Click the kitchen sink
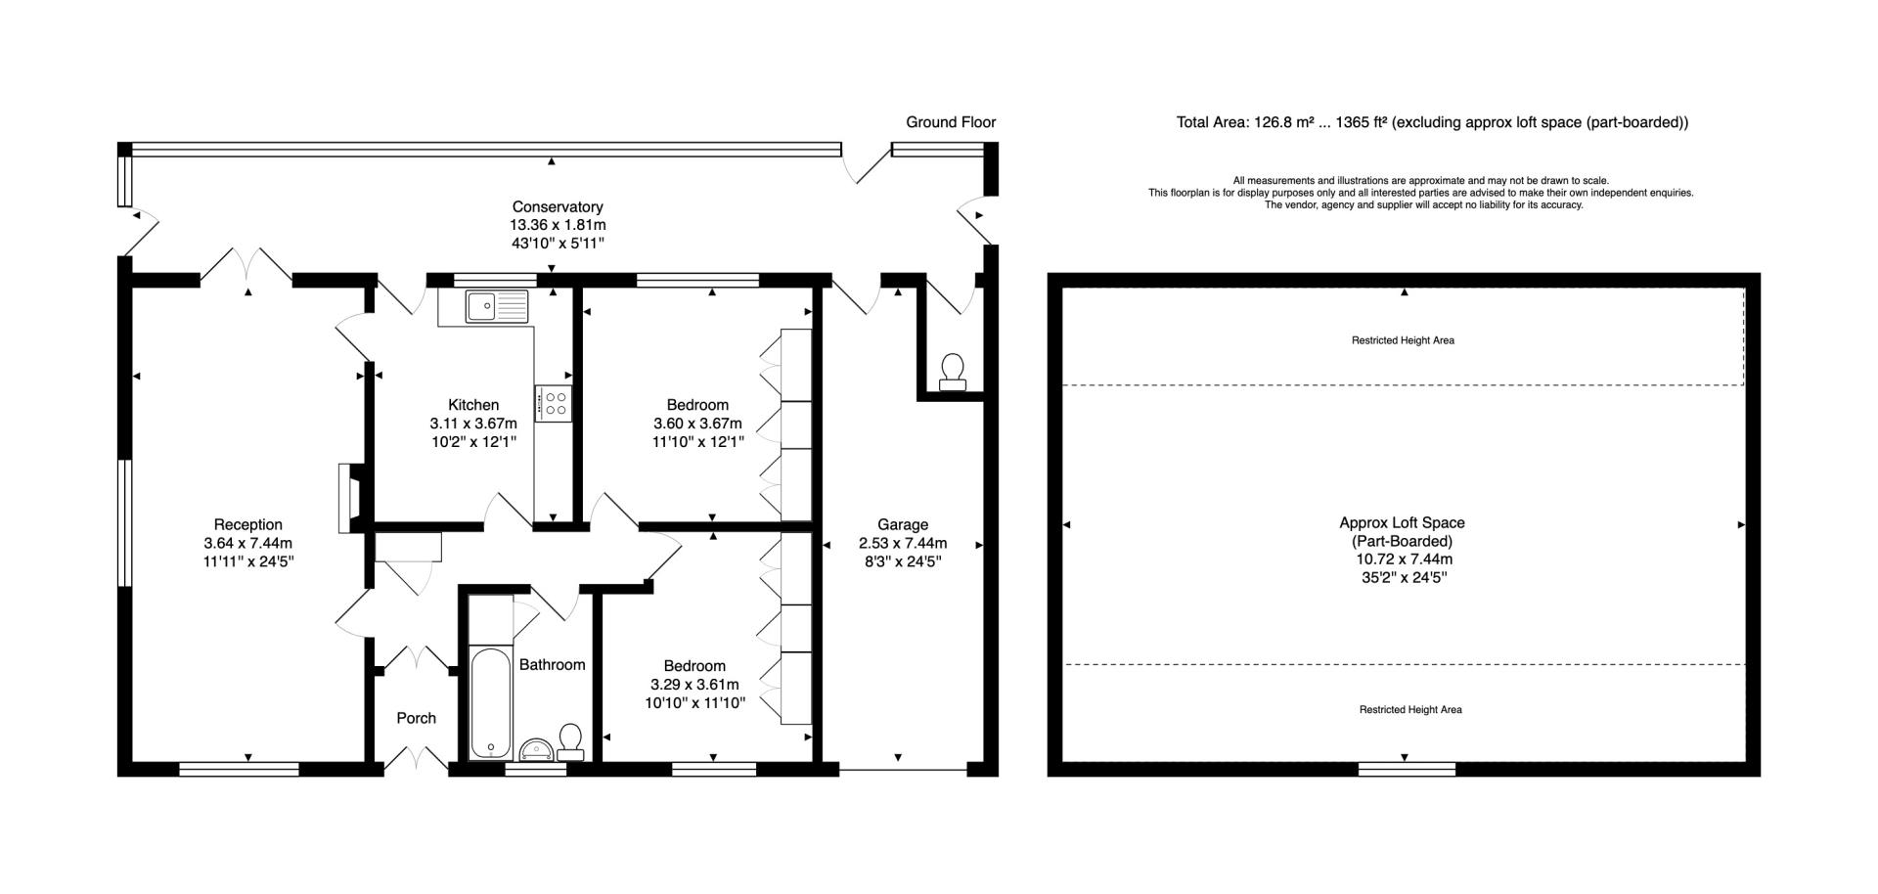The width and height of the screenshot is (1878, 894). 497,306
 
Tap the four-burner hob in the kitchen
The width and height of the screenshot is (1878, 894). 554,403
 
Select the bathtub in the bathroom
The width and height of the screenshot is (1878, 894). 490,701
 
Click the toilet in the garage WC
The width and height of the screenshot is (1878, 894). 952,373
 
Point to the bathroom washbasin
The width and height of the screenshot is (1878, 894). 536,750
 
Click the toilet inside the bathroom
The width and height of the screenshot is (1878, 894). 571,742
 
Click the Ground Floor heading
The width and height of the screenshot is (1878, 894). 951,122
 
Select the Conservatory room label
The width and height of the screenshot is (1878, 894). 558,207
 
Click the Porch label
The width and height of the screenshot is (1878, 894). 416,718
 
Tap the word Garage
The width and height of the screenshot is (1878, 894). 902,525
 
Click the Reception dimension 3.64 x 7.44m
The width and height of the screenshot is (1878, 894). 248,544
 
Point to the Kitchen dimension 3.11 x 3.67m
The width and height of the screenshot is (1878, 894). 473,424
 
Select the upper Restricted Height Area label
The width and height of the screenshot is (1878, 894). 1403,340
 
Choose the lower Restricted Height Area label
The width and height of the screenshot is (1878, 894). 1410,709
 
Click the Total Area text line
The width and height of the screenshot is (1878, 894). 1432,122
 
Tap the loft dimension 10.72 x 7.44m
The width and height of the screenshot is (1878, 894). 1404,559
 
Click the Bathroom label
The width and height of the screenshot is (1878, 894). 552,665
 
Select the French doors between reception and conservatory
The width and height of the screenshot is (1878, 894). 246,265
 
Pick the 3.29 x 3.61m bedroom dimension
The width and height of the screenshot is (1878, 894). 694,685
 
